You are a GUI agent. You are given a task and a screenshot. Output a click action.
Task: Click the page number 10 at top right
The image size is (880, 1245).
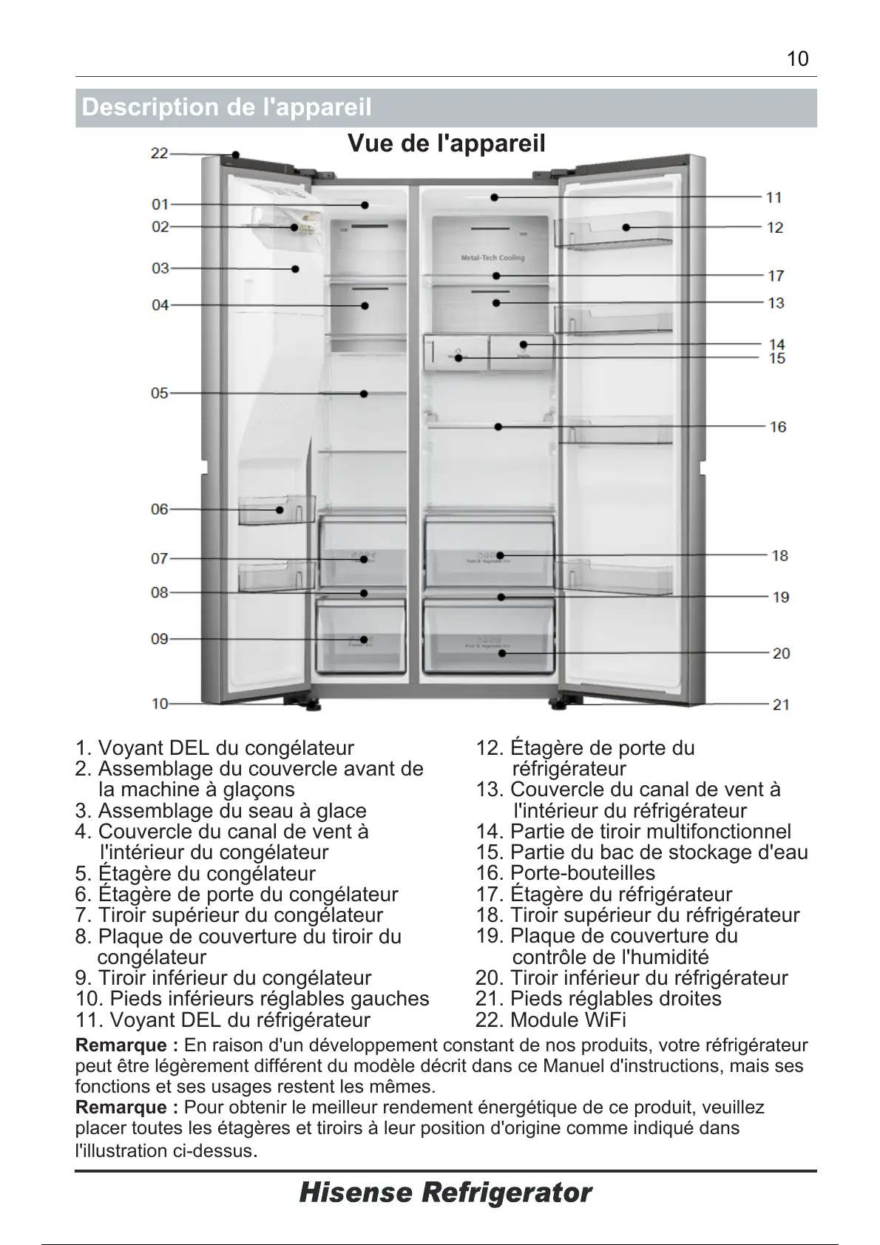pos(798,59)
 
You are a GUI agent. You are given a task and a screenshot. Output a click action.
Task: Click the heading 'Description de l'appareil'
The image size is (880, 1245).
pos(226,108)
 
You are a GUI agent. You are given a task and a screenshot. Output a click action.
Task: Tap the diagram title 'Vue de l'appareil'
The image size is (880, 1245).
pos(446,143)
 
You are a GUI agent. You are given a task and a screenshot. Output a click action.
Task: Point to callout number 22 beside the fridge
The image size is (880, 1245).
pos(160,154)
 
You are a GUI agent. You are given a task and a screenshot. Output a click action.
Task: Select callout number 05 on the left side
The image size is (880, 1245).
pos(160,393)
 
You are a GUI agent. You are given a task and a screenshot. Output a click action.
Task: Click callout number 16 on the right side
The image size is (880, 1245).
pos(777,427)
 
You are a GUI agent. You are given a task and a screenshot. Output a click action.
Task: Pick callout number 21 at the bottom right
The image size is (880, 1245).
pos(781,705)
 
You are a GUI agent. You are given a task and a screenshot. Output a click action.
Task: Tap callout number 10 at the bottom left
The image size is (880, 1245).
pos(160,704)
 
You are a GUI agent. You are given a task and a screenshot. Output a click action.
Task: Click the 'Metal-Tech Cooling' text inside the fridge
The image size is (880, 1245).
pos(493,258)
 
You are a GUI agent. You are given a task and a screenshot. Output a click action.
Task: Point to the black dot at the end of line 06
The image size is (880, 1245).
pos(280,509)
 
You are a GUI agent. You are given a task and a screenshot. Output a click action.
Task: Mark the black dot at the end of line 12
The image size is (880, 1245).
pos(626,227)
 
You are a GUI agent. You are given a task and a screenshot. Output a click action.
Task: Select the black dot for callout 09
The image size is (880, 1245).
pos(365,640)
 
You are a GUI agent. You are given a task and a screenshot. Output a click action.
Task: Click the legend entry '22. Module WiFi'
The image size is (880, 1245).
pos(551,1020)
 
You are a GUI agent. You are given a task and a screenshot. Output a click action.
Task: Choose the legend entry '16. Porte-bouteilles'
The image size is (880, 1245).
pos(566,873)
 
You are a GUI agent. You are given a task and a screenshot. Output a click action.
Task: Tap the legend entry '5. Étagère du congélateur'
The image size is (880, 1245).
pos(195,873)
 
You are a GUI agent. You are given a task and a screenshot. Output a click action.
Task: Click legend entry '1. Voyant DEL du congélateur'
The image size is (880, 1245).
pos(214,748)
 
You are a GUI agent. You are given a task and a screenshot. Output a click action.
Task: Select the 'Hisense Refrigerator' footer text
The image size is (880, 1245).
pos(445,1192)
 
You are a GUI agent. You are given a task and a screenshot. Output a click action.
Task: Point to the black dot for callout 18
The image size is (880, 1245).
pos(500,555)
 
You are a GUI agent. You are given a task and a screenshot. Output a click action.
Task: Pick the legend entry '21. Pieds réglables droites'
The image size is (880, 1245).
pos(598,999)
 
